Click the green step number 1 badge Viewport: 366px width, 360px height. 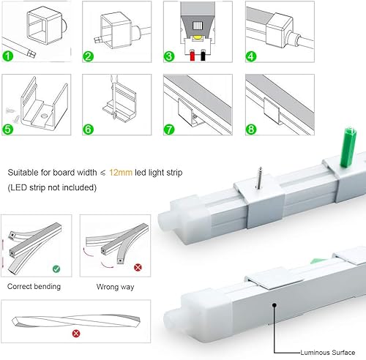(8, 55)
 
